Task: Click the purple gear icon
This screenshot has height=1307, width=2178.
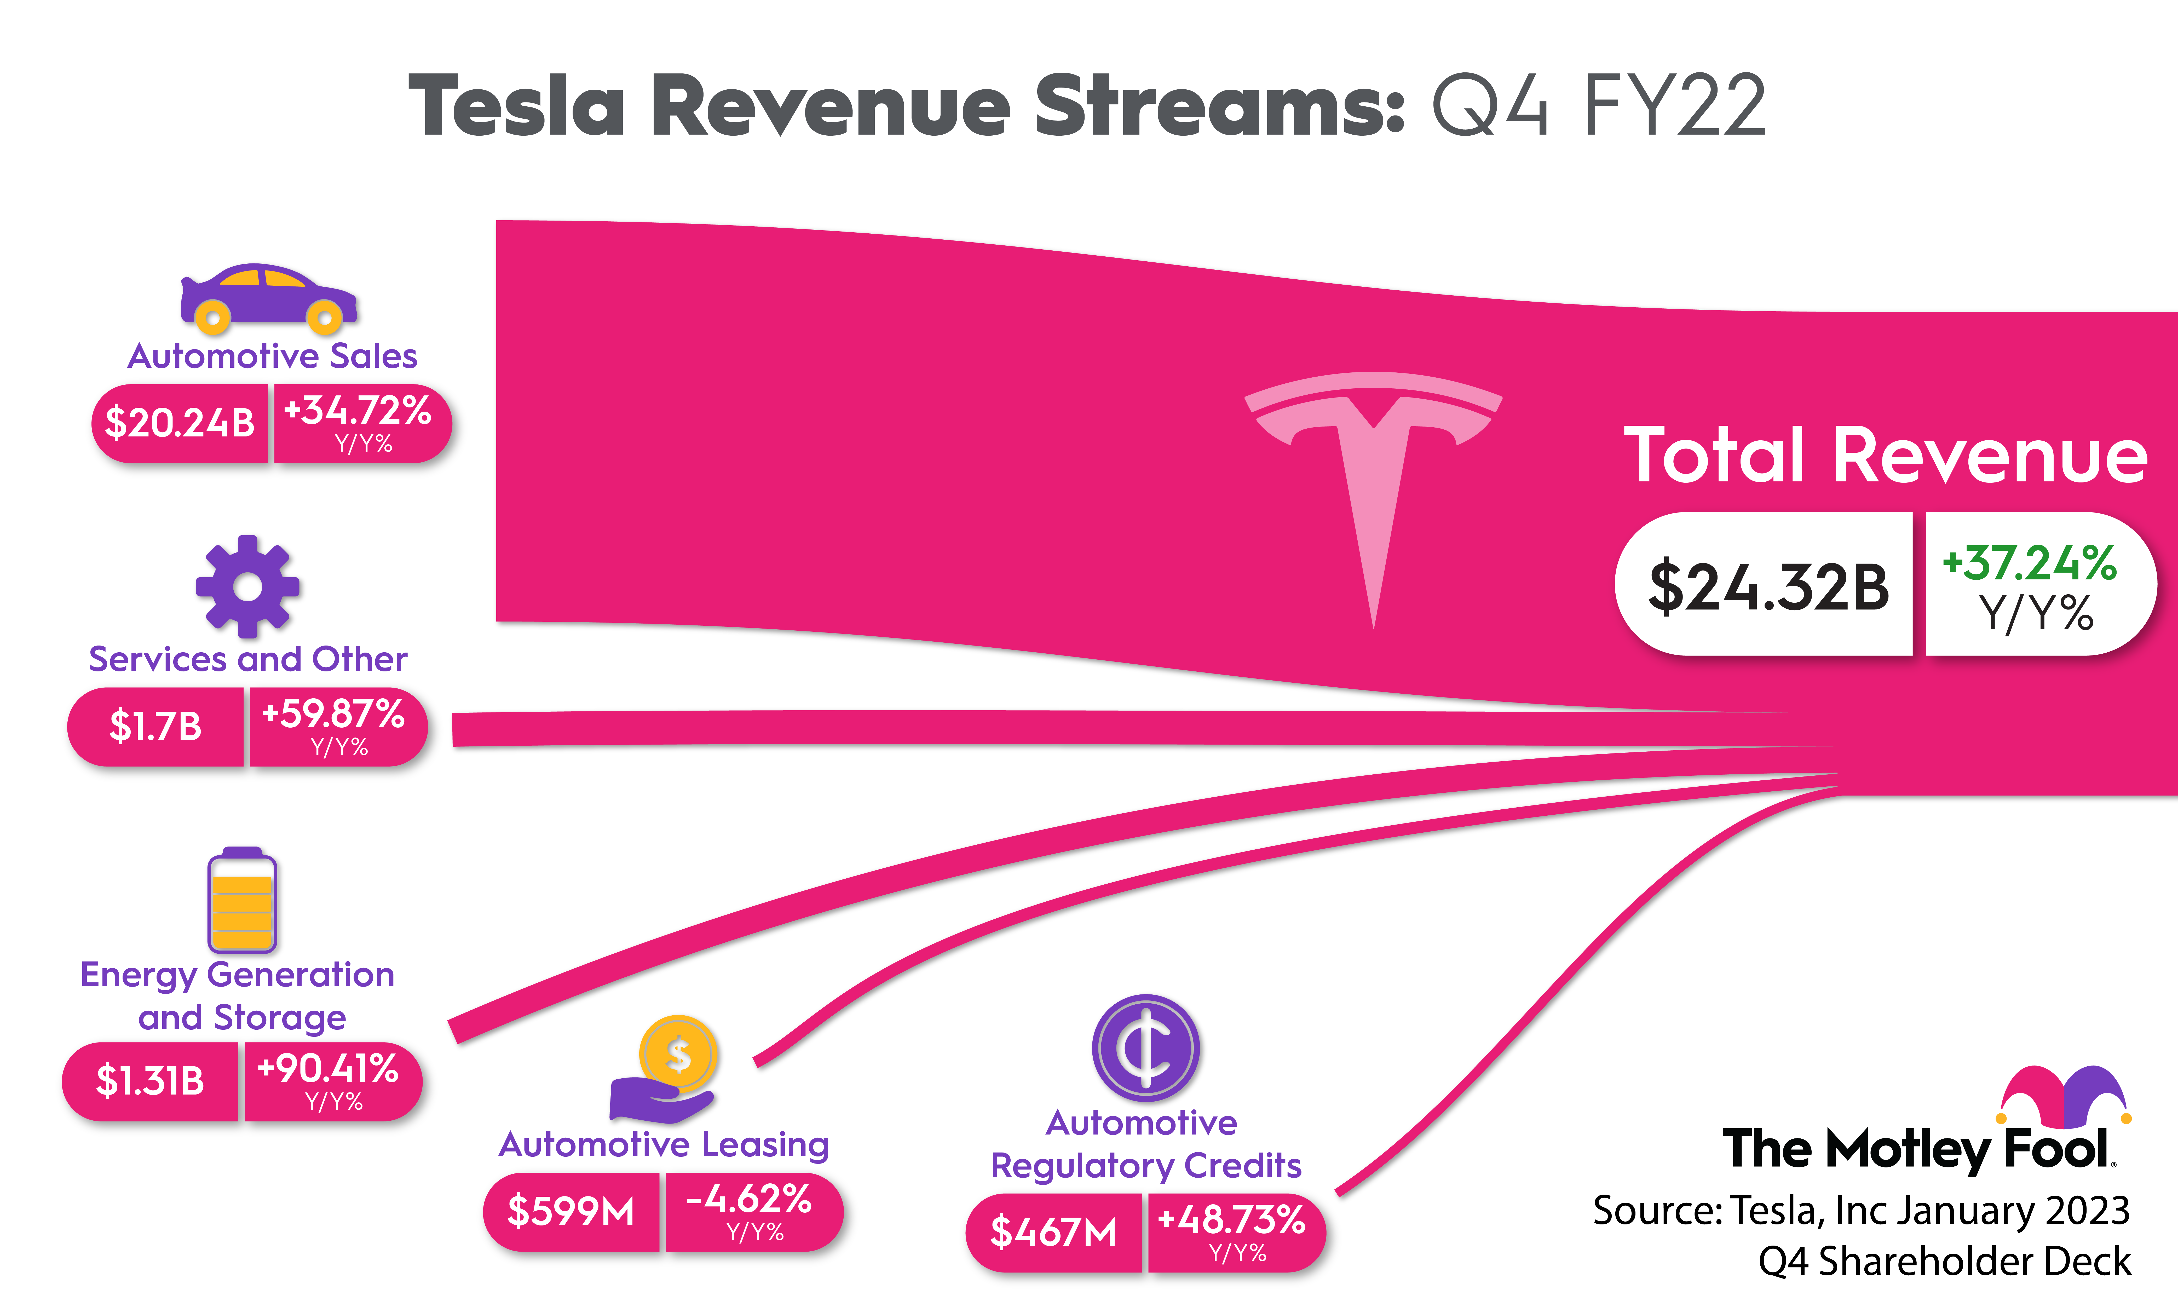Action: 247,586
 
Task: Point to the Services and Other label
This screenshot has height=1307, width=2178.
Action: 247,659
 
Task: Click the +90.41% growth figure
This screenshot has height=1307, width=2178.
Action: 329,1068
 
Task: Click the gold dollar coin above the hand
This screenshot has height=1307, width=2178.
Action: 678,1053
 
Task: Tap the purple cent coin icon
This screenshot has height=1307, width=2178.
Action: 1146,1048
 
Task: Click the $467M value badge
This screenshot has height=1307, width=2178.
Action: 1053,1232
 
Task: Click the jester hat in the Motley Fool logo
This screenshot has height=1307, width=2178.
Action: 2064,1097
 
